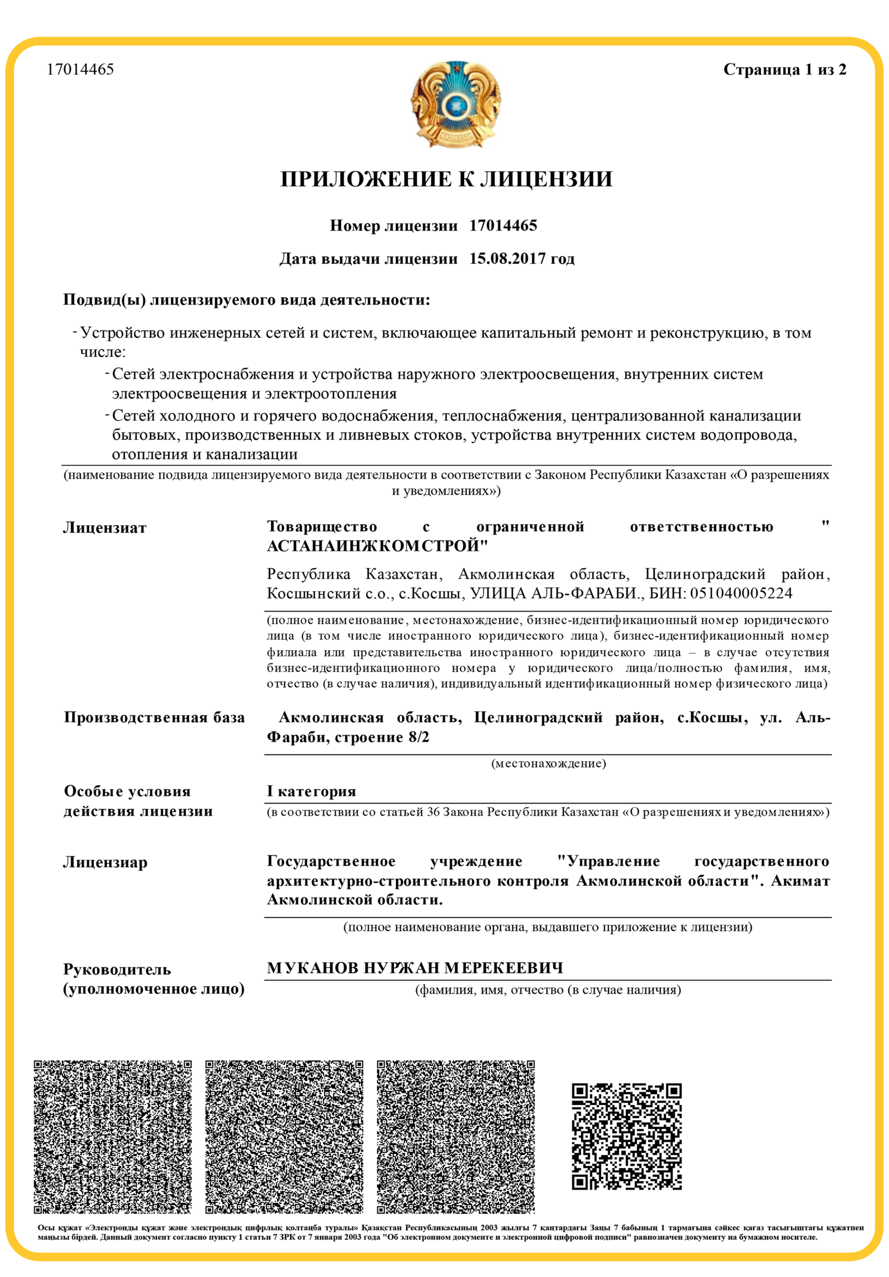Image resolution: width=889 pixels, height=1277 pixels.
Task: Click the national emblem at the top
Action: pyautogui.click(x=456, y=104)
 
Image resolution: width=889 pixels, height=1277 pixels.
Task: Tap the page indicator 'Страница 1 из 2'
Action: pyautogui.click(x=784, y=70)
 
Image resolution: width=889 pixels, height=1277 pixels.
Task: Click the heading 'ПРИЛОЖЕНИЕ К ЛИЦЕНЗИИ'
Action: pyautogui.click(x=446, y=179)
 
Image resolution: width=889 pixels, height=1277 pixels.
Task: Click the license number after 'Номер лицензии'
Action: pyautogui.click(x=503, y=226)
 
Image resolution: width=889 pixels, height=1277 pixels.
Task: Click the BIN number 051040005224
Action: pyautogui.click(x=741, y=594)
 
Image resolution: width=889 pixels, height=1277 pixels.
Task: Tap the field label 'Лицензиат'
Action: pyautogui.click(x=105, y=528)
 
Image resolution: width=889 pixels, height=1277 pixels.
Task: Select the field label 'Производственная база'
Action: pyautogui.click(x=154, y=717)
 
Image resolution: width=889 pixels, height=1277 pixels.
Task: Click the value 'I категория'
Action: pyautogui.click(x=311, y=791)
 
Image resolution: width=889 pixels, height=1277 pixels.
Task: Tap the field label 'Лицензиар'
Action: pyautogui.click(x=105, y=863)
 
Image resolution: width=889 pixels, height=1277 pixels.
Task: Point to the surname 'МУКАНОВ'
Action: pyautogui.click(x=313, y=968)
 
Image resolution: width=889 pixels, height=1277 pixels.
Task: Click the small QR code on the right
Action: pyautogui.click(x=627, y=1137)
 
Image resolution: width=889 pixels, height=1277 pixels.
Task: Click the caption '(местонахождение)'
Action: pyautogui.click(x=548, y=763)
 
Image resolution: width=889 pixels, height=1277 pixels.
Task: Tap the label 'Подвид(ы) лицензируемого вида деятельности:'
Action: pyautogui.click(x=247, y=300)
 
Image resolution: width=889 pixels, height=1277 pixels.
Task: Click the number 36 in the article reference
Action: pyautogui.click(x=433, y=812)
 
